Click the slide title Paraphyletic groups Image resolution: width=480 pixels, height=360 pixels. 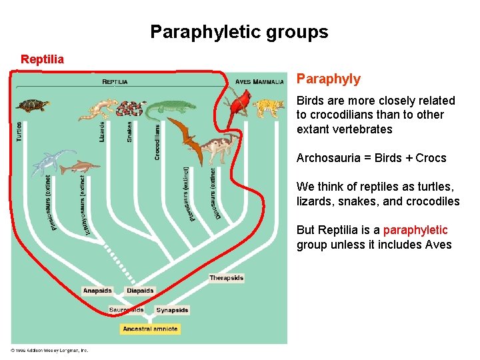tap(239, 32)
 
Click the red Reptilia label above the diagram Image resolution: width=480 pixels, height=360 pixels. tap(43, 59)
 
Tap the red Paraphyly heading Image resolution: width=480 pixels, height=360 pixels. tap(328, 79)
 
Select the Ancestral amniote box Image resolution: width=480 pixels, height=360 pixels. tap(150, 329)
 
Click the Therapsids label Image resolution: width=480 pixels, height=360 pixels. tap(226, 278)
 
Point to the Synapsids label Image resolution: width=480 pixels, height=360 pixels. tap(172, 310)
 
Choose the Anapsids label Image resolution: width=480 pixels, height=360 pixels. tap(97, 291)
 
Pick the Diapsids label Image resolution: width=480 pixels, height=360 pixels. tap(140, 291)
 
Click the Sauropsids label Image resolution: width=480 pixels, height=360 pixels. tap(127, 310)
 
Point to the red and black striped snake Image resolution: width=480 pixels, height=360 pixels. tap(134, 109)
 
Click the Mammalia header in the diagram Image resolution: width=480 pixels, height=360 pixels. tap(269, 82)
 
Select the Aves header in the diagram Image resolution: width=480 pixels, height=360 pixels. tap(243, 82)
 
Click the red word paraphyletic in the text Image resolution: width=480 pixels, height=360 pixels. tap(415, 230)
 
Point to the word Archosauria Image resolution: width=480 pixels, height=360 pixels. tap(325, 158)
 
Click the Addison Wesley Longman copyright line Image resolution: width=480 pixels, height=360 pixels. tap(49, 350)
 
